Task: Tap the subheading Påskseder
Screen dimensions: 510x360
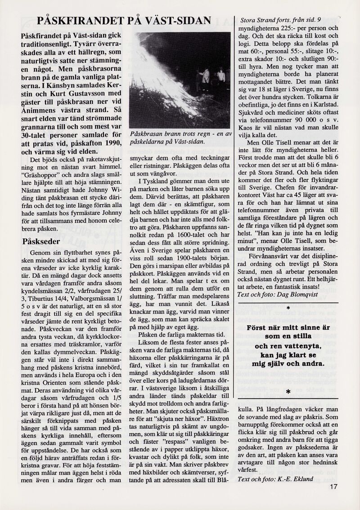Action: tap(41, 242)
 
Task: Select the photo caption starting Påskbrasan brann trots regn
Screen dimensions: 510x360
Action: tap(180, 137)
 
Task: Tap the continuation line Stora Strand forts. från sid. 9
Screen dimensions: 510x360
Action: tap(281, 20)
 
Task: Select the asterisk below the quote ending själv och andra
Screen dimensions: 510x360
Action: tap(288, 392)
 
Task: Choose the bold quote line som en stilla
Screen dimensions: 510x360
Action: tap(288, 336)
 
